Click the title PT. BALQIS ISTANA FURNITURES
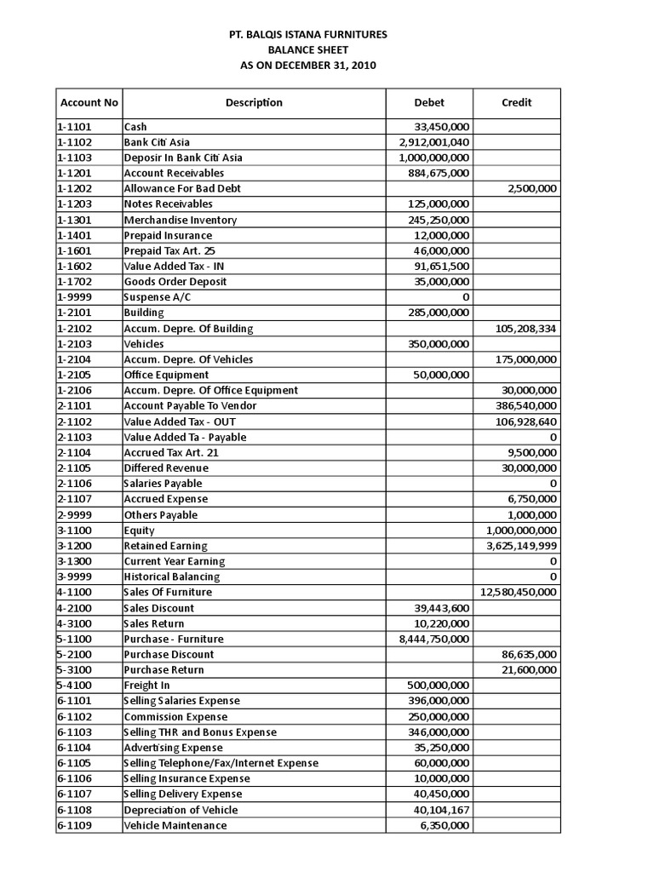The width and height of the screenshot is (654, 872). point(308,34)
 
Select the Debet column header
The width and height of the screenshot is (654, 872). point(429,102)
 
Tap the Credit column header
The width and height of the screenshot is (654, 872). point(516,102)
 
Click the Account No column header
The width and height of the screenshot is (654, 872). point(89,102)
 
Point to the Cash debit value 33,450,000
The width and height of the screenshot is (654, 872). point(440,127)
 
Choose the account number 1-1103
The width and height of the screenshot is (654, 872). point(74,158)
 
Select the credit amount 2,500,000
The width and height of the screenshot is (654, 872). point(532,188)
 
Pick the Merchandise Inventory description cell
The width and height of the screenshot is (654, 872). point(181,220)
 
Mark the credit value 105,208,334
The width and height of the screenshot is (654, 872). point(526,328)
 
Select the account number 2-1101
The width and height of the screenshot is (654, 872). point(74,405)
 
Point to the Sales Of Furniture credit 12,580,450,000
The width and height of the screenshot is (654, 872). point(519,592)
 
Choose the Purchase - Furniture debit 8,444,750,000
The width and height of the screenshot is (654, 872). point(434,639)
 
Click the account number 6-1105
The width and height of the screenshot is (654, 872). point(74,763)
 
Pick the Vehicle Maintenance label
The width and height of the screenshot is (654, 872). point(175,825)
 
